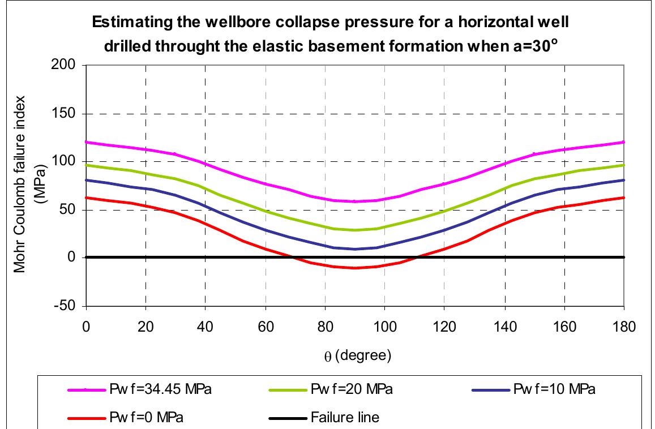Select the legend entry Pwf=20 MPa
(x=352, y=391)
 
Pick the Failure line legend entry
(x=345, y=418)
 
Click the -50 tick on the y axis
(x=70, y=306)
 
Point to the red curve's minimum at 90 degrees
(x=354, y=268)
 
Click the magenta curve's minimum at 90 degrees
(x=354, y=201)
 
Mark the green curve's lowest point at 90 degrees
(x=354, y=230)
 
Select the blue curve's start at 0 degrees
(x=85, y=180)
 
